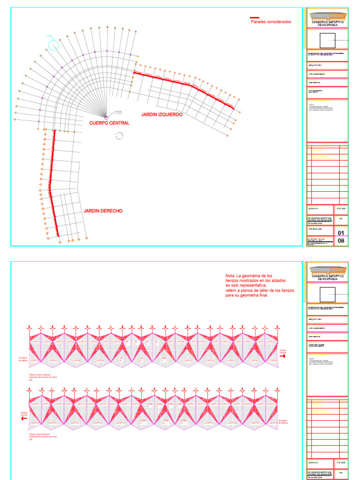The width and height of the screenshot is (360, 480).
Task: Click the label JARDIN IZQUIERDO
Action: [x=162, y=114]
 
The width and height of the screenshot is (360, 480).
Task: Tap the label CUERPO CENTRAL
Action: [x=109, y=123]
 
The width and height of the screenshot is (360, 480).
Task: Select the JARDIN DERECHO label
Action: [x=103, y=211]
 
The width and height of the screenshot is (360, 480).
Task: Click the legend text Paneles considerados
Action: [x=270, y=22]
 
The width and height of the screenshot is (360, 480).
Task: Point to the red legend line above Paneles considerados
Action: [x=255, y=18]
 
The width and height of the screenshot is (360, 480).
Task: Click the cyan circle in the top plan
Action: [x=53, y=45]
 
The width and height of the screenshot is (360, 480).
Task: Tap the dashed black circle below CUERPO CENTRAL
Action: [x=119, y=136]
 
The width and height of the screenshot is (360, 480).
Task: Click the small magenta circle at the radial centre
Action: [x=106, y=117]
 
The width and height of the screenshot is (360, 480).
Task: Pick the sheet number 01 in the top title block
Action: [x=341, y=232]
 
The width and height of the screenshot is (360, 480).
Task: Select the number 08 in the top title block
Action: [x=341, y=241]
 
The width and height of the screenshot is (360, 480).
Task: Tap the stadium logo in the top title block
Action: [x=328, y=14]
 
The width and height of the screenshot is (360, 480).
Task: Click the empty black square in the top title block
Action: [x=327, y=41]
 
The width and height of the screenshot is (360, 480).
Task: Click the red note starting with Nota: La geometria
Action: [x=260, y=285]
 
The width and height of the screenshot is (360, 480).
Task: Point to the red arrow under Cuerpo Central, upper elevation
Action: [x=283, y=356]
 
